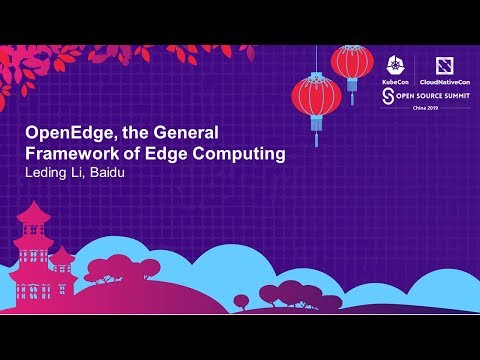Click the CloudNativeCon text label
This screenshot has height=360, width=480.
(x=437, y=76)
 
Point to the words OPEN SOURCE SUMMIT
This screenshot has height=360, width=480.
(x=435, y=95)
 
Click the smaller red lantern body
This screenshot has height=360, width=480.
(x=352, y=62)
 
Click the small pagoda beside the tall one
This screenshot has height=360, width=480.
(x=62, y=263)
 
